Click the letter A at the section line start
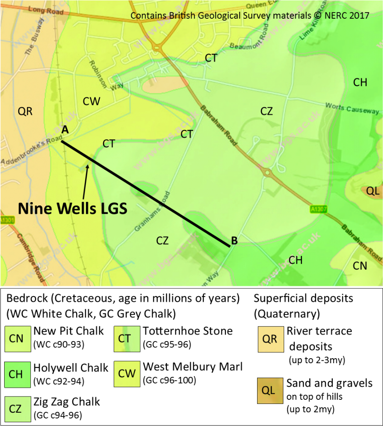(x=65, y=130)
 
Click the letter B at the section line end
(x=234, y=240)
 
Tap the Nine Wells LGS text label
(x=72, y=208)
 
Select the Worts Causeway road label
(x=352, y=109)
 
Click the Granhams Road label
(x=152, y=211)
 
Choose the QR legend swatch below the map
(x=270, y=339)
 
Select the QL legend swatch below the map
(x=270, y=391)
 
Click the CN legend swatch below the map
(x=17, y=339)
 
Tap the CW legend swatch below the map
(x=127, y=374)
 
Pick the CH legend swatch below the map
(x=17, y=374)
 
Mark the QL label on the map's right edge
(x=373, y=191)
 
